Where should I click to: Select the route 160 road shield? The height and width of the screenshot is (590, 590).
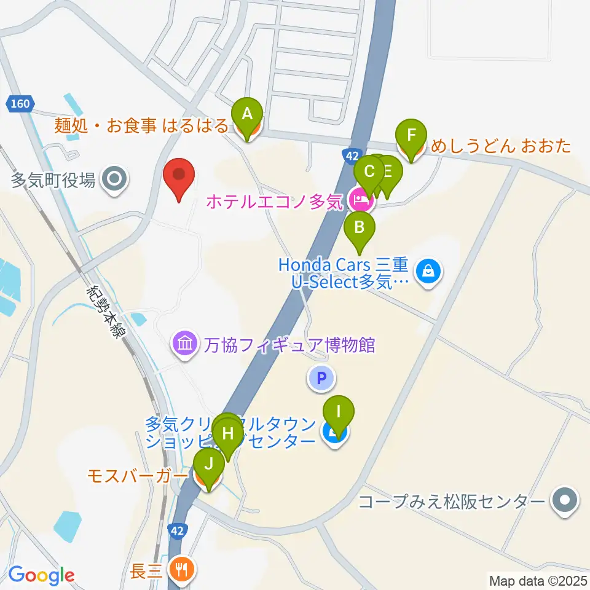point(20,104)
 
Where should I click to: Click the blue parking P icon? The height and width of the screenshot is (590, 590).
point(321,378)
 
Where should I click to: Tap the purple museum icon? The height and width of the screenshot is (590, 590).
point(184,342)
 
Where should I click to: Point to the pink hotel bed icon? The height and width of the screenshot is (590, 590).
point(358,199)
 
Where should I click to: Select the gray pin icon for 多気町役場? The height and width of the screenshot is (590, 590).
point(115,180)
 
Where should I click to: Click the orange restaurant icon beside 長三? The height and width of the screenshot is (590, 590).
point(181,570)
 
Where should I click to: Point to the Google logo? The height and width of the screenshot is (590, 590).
point(41,575)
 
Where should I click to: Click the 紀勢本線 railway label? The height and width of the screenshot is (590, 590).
point(108,312)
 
